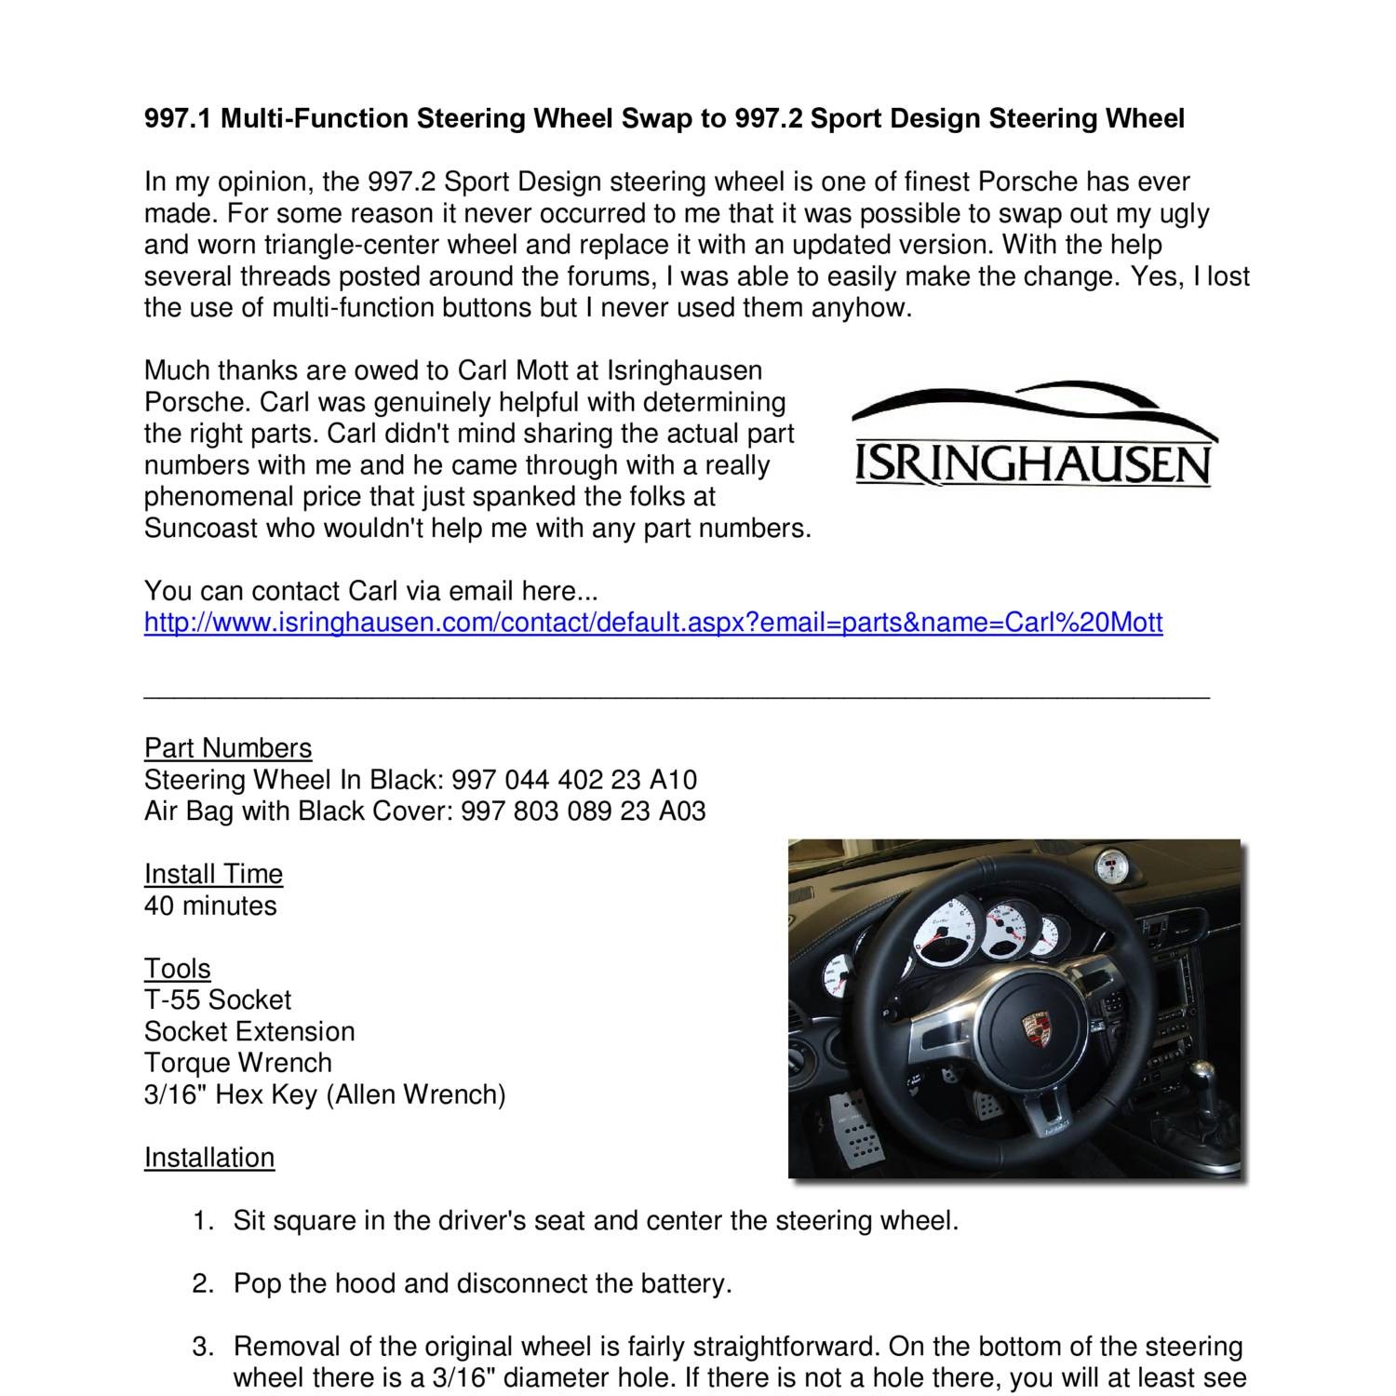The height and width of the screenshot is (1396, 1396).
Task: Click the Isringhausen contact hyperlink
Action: (x=652, y=622)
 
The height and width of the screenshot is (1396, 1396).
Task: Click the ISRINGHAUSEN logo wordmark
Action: (x=1033, y=465)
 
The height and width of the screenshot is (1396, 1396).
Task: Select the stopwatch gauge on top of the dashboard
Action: (x=1107, y=869)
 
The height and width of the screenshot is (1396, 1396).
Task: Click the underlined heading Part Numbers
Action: (x=227, y=747)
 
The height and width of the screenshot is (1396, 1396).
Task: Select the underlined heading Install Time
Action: (x=213, y=873)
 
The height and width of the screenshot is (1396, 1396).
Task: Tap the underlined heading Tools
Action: (x=177, y=968)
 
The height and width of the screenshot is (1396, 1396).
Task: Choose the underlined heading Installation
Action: (x=208, y=1157)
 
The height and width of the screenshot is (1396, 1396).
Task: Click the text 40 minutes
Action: (x=210, y=905)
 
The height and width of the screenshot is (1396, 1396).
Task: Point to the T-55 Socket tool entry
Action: (x=217, y=1000)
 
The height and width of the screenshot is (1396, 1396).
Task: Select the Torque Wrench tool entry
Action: (x=237, y=1062)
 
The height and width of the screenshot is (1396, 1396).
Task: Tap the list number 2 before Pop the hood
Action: (x=202, y=1283)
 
